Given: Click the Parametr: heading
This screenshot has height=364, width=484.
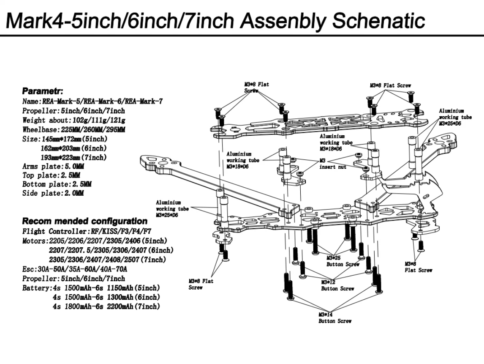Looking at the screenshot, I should (x=42, y=91).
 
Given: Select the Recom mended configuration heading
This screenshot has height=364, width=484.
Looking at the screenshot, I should (x=84, y=221).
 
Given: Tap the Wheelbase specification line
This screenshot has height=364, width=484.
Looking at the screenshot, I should (x=73, y=129).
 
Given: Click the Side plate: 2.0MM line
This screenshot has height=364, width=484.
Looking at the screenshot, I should (x=53, y=193).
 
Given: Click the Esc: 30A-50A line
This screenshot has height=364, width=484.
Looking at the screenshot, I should (x=75, y=269).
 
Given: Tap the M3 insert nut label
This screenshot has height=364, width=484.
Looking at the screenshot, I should (x=333, y=164).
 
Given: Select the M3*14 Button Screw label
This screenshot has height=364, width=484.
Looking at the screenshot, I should (x=335, y=318).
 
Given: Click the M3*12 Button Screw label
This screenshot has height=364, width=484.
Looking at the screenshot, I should (x=335, y=285).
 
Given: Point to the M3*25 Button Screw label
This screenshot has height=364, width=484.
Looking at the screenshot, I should (x=343, y=261).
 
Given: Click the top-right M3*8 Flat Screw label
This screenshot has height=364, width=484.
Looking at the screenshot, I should (x=390, y=85).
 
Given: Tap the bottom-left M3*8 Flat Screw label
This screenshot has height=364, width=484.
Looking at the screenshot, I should (x=201, y=284).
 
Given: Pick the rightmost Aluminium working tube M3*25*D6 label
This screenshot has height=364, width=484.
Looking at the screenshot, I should (x=455, y=117).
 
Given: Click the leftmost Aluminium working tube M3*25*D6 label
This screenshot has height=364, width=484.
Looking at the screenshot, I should (x=172, y=209).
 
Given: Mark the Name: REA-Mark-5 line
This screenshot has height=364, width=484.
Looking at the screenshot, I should (x=92, y=101).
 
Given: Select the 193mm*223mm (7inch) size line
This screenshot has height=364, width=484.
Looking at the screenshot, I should (x=73, y=157).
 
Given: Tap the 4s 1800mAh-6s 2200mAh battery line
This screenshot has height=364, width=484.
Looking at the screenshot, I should (x=106, y=307).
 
